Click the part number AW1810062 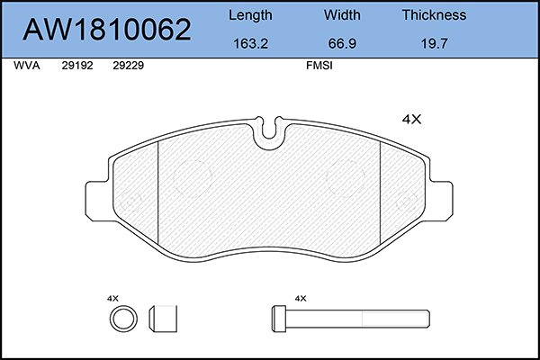point(107,30)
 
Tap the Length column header point(250,15)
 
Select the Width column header point(342,14)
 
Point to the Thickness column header point(434,14)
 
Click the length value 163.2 point(250,43)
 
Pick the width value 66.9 point(342,43)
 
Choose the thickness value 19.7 point(434,43)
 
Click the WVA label point(27,66)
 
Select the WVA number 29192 point(77,66)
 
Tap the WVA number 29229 point(128,66)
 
